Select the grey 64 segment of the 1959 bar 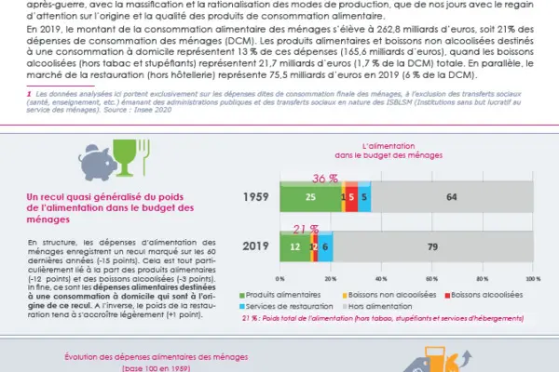point(451,196)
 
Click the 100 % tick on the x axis point(533,278)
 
